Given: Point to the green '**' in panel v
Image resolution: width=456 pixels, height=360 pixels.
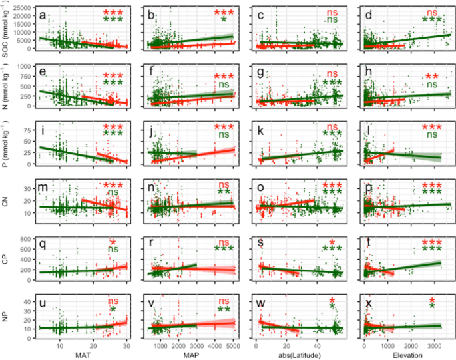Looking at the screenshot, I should click(223, 309).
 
